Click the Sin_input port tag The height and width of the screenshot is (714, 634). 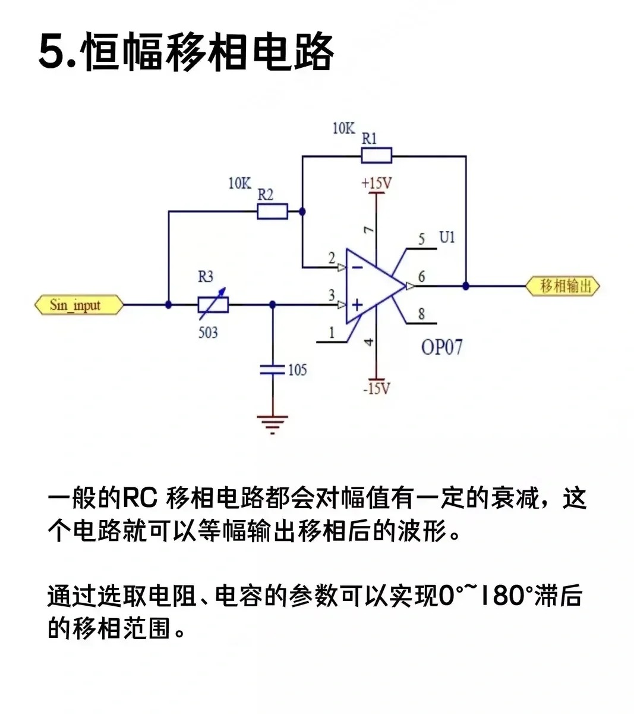pyautogui.click(x=78, y=305)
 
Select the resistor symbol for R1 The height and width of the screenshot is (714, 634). pyautogui.click(x=377, y=156)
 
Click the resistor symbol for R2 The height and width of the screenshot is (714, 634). pyautogui.click(x=272, y=211)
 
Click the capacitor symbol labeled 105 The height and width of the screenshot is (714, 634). pyautogui.click(x=273, y=370)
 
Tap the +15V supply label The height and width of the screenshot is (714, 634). pyautogui.click(x=377, y=183)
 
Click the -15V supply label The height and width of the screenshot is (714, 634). pyautogui.click(x=377, y=389)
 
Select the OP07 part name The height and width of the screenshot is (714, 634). pyautogui.click(x=441, y=347)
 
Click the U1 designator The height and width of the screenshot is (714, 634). pyautogui.click(x=447, y=237)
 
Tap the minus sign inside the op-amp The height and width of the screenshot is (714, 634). pyautogui.click(x=357, y=267)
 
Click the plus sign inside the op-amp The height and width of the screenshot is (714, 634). pyautogui.click(x=357, y=305)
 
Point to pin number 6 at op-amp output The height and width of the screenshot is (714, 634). pyautogui.click(x=422, y=276)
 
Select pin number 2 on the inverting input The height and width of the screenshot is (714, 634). pyautogui.click(x=332, y=258)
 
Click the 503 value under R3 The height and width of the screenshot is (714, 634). pyautogui.click(x=208, y=332)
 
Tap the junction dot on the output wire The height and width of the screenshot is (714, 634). pyautogui.click(x=466, y=286)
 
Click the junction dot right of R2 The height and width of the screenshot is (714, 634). pyautogui.click(x=302, y=211)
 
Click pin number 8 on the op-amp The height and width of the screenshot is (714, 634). pyautogui.click(x=421, y=314)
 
